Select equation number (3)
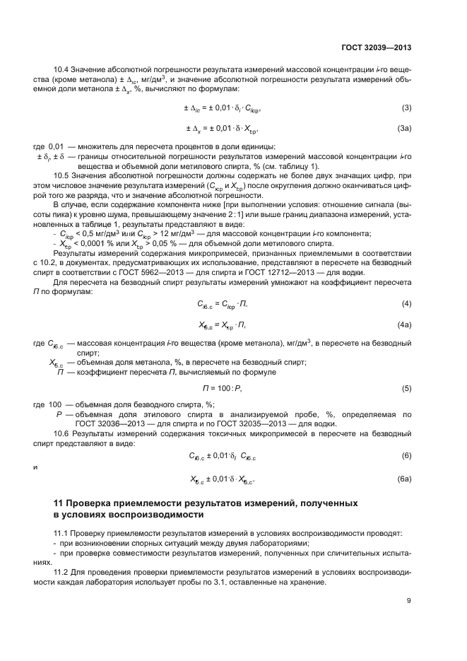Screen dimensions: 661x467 [x=406, y=107]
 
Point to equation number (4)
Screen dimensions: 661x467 [x=406, y=303]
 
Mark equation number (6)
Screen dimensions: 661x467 [x=406, y=455]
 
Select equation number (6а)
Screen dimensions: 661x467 [x=405, y=479]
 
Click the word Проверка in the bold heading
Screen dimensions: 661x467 [x=94, y=503]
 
